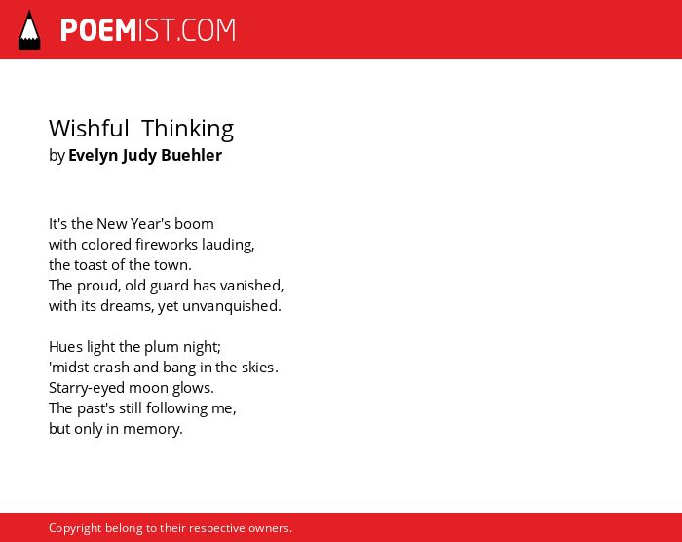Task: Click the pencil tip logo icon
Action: (x=29, y=30)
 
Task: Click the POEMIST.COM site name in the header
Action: (x=148, y=30)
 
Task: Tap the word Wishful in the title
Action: (x=89, y=129)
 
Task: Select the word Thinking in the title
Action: (x=187, y=130)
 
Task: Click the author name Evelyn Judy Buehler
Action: (x=145, y=155)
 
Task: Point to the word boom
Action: (x=194, y=224)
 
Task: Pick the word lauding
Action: (x=228, y=245)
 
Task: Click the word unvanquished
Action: (x=232, y=306)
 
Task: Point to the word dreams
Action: (x=127, y=306)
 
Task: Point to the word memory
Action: (x=153, y=430)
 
